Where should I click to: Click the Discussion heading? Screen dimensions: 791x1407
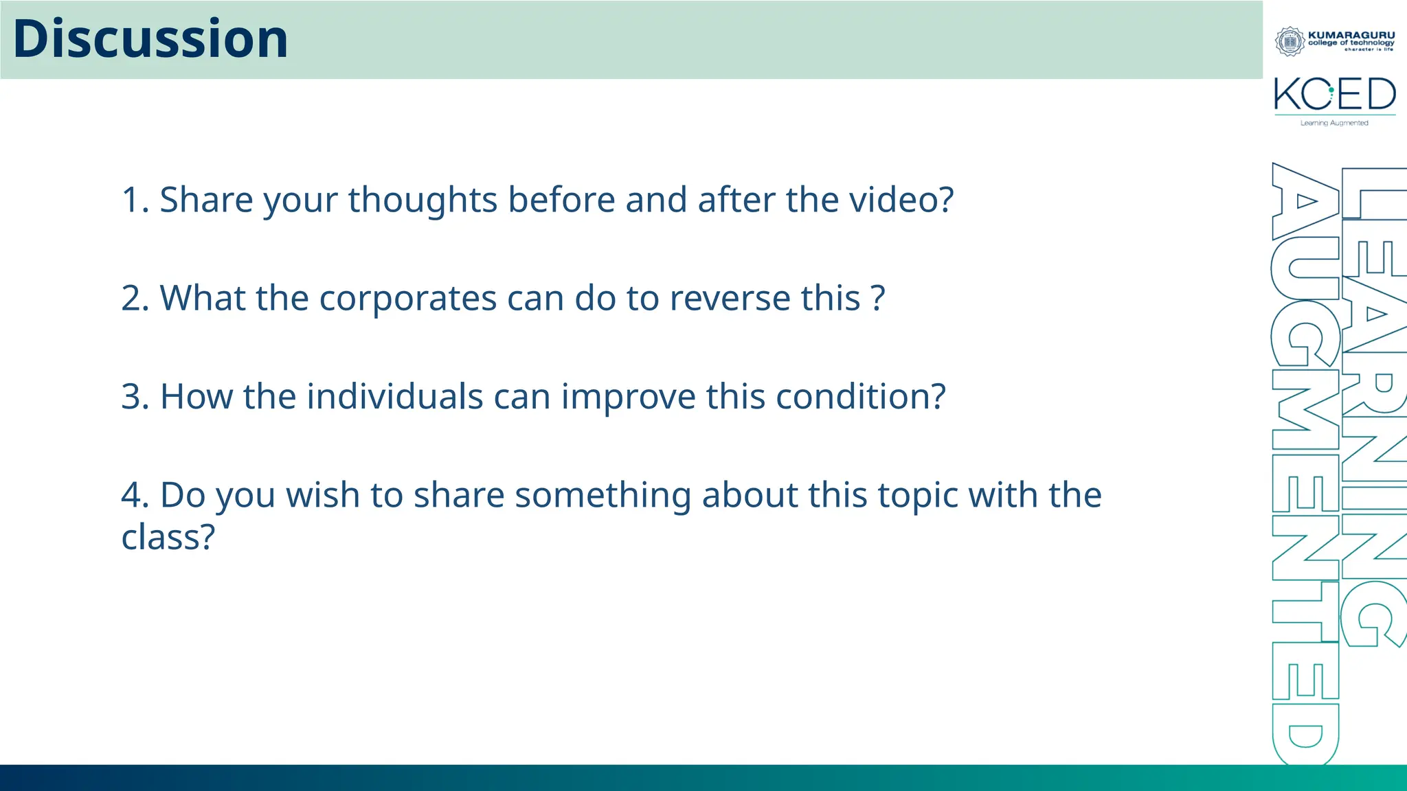(150, 39)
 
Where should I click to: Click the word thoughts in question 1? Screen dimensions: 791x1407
(423, 200)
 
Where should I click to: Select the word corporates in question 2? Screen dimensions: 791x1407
(407, 299)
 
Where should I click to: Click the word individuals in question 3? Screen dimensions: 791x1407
(394, 397)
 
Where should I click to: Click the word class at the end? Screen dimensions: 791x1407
(168, 537)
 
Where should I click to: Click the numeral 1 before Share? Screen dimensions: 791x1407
(131, 200)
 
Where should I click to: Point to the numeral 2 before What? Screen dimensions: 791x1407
(131, 299)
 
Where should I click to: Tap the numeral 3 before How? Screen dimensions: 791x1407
(131, 397)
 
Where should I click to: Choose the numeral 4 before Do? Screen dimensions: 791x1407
(131, 495)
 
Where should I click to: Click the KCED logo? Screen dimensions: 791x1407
(1334, 95)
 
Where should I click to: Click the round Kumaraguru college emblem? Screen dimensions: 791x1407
(1290, 42)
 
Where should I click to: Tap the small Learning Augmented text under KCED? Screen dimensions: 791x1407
(1333, 123)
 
